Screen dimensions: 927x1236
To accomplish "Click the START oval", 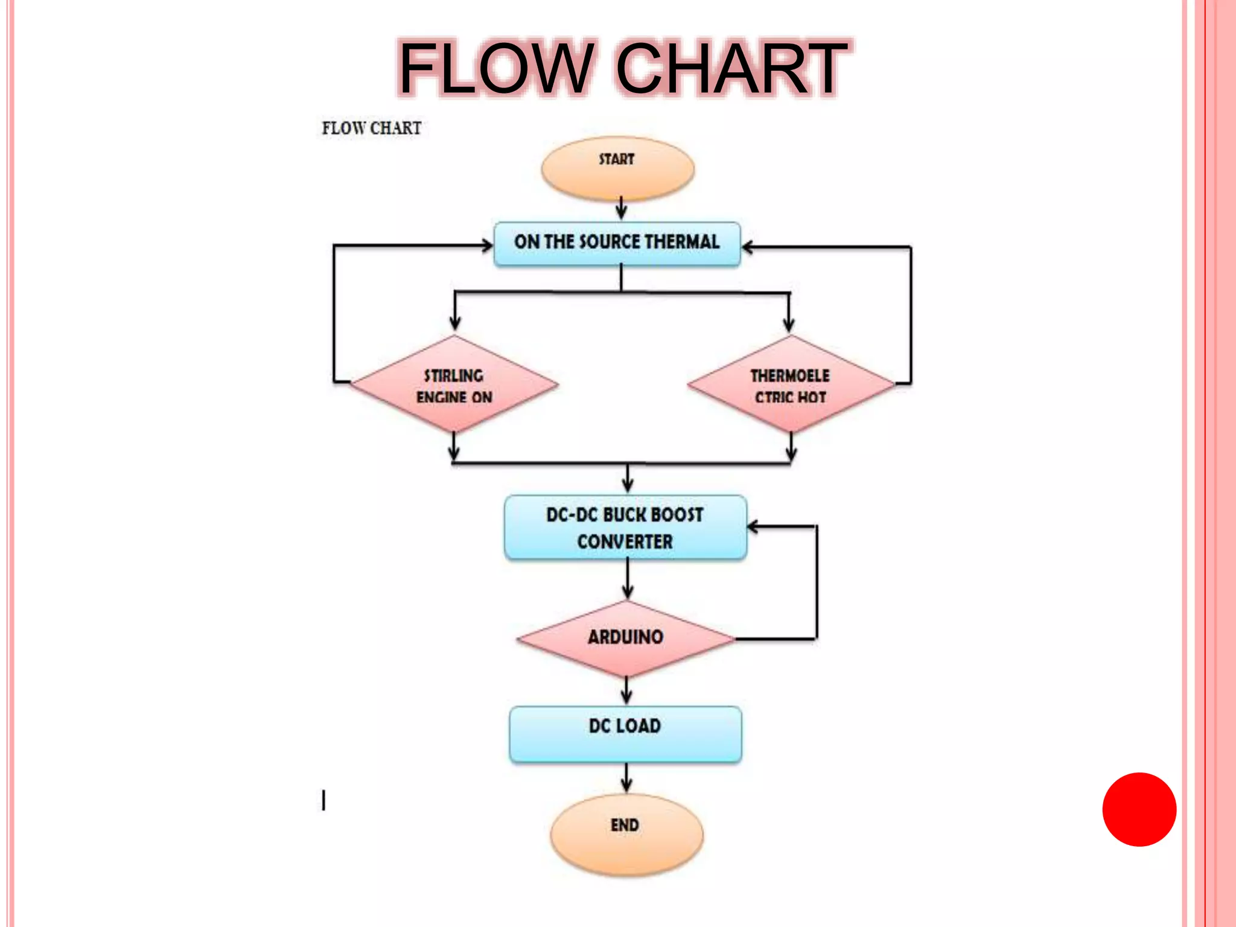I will tap(617, 168).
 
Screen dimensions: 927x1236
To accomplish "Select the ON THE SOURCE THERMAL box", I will tap(617, 243).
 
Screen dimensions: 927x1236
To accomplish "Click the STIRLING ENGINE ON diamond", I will tap(454, 385).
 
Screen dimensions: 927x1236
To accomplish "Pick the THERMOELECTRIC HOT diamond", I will tap(791, 385).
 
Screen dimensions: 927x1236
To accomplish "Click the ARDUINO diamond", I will tap(626, 638).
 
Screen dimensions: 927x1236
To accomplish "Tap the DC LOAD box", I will tap(625, 734).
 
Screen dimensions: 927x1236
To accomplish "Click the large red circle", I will tap(1139, 809).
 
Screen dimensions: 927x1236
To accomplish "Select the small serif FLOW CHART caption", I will tap(371, 128).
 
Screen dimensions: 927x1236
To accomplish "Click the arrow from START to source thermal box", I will tap(621, 209).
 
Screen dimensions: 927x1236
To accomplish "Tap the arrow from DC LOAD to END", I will tap(626, 779).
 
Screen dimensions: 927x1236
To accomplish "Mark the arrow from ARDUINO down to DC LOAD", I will tap(626, 691).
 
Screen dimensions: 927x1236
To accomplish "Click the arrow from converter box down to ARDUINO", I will tap(628, 579).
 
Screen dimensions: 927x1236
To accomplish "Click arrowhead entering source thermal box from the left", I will tap(486, 245).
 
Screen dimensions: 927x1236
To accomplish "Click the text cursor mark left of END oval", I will tap(324, 800).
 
